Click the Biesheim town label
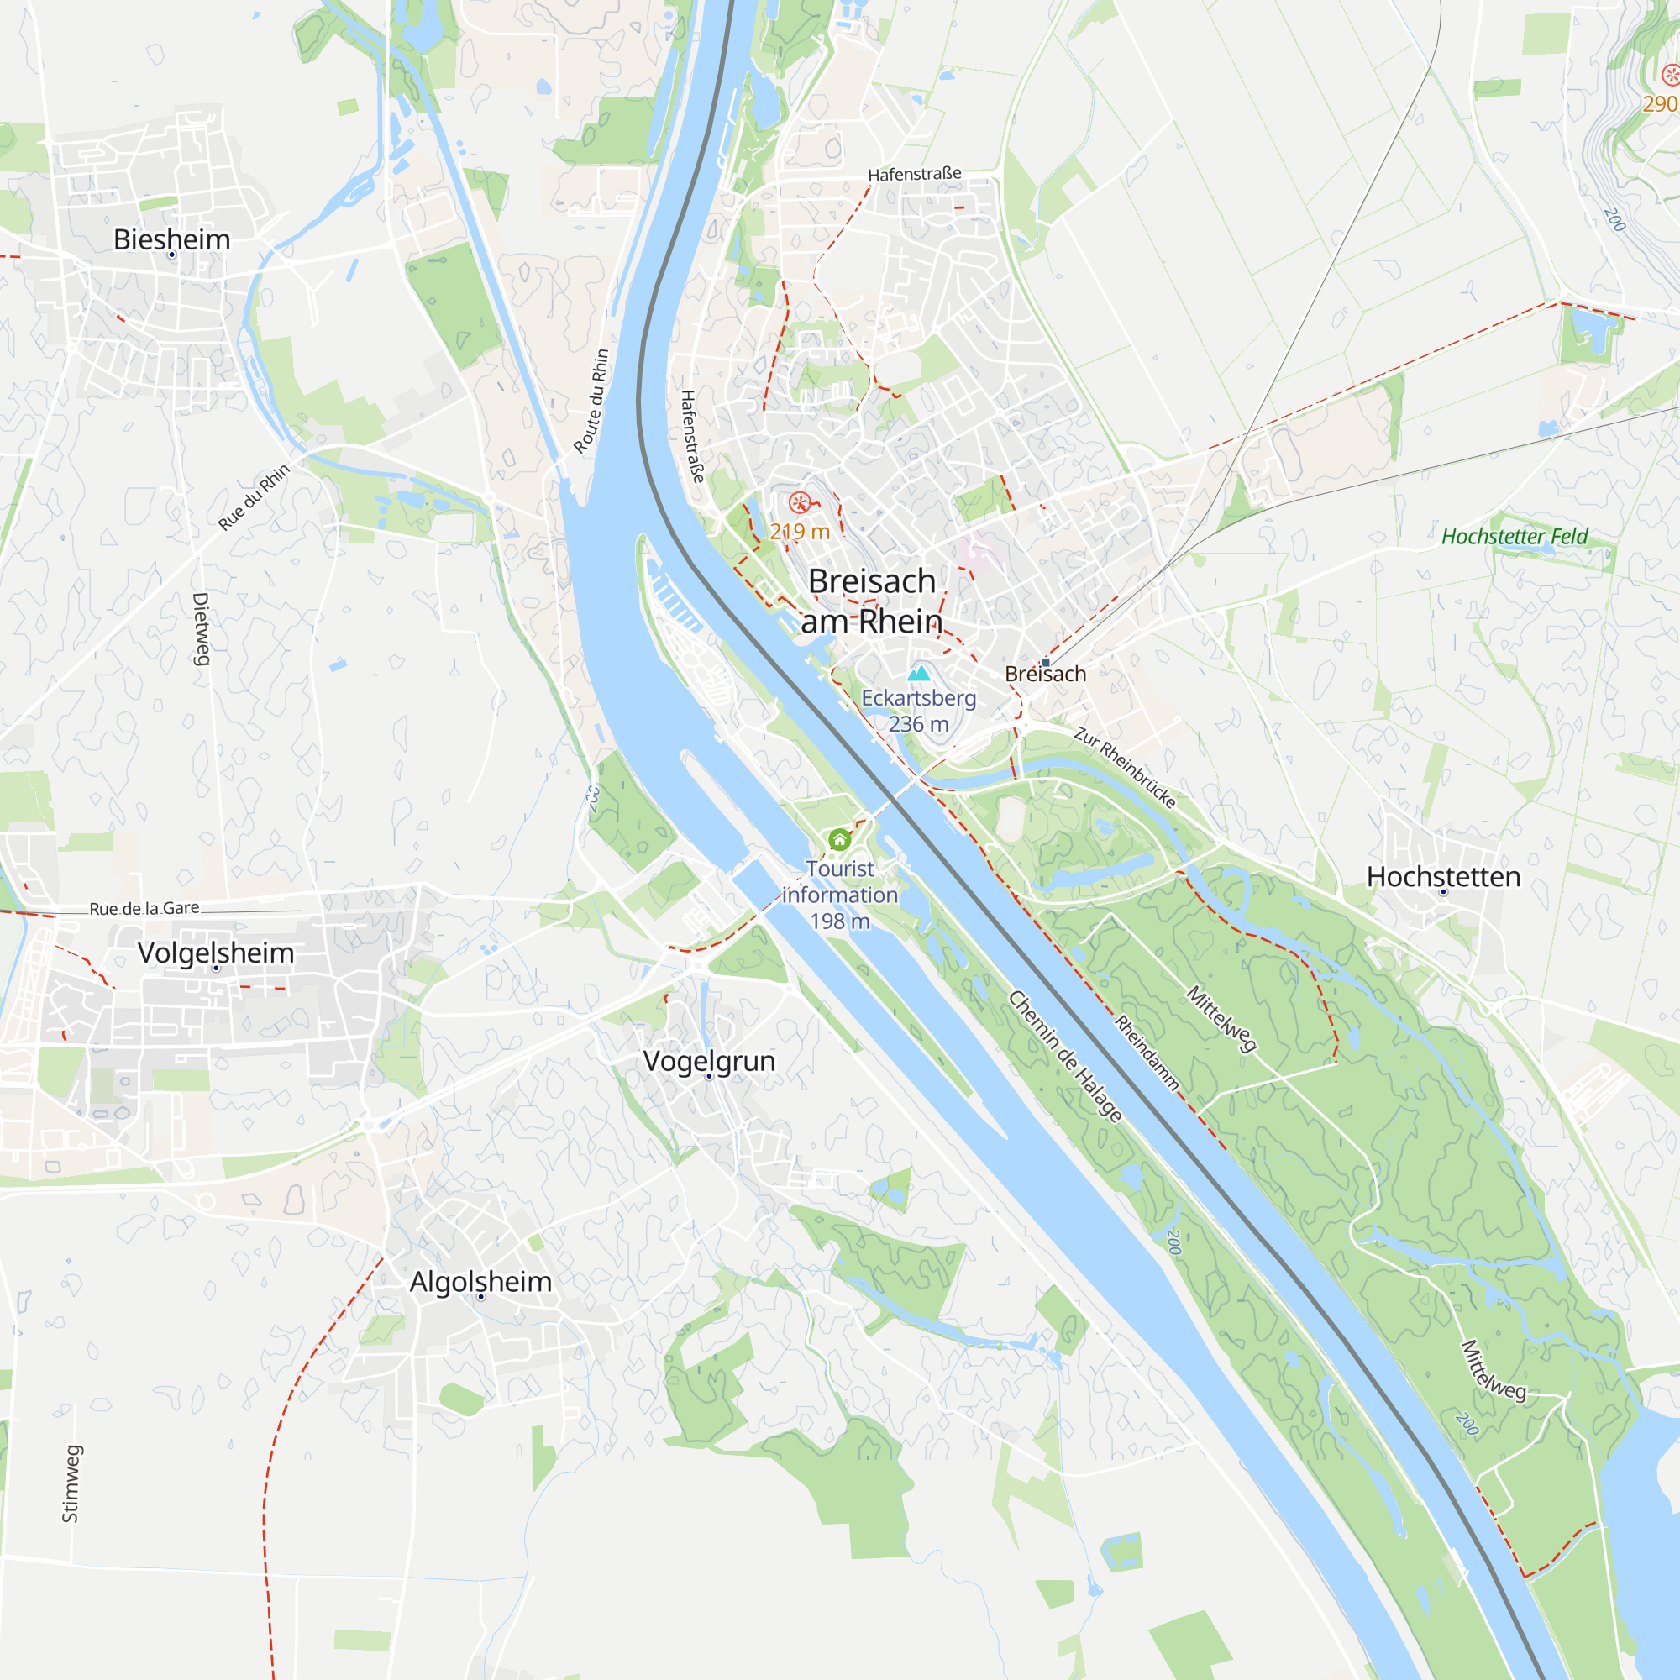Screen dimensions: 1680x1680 (x=172, y=239)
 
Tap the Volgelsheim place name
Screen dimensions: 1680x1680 (x=216, y=953)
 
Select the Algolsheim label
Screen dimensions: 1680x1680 (x=480, y=1282)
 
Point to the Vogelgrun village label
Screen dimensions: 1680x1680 (x=709, y=1061)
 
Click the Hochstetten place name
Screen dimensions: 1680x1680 (x=1443, y=876)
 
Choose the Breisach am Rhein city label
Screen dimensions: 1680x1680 (x=871, y=601)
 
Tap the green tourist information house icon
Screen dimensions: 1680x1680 (x=839, y=839)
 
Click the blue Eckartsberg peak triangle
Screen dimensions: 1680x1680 (x=919, y=673)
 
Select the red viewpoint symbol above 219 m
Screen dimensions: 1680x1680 (x=799, y=502)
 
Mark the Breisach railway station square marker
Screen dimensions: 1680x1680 (x=1045, y=662)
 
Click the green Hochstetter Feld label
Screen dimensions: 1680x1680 (x=1515, y=537)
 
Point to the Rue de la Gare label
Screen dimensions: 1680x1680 (x=144, y=909)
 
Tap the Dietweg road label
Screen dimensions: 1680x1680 (x=201, y=628)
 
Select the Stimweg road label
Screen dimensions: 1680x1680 (x=71, y=1484)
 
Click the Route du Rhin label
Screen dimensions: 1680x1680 (x=591, y=402)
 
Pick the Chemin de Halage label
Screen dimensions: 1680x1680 (x=1065, y=1056)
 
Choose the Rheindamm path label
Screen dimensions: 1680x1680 (x=1147, y=1053)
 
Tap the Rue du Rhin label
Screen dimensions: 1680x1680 (x=254, y=497)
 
